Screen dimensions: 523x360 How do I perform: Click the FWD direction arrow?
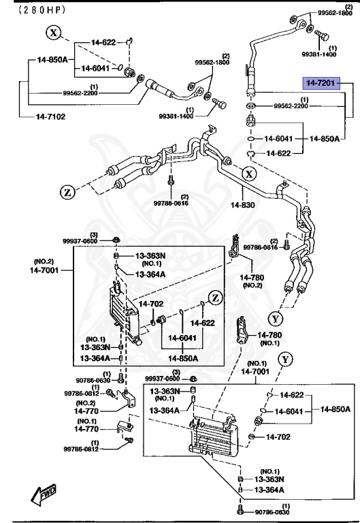pyautogui.click(x=44, y=492)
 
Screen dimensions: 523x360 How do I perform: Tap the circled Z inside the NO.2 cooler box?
pyautogui.click(x=214, y=298)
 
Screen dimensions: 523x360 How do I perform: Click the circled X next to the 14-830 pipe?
pyautogui.click(x=250, y=174)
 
